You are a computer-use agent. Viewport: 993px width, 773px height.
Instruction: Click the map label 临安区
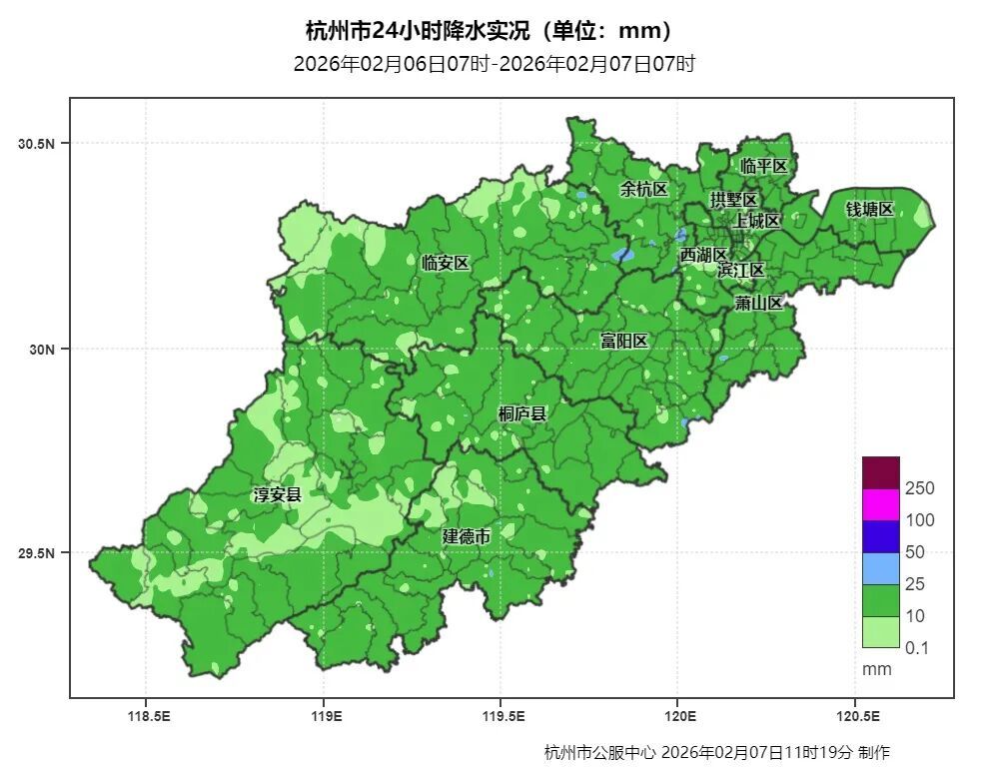(x=445, y=264)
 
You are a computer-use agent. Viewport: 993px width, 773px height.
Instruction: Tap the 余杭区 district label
(x=643, y=189)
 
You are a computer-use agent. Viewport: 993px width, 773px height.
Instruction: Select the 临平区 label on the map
(x=764, y=166)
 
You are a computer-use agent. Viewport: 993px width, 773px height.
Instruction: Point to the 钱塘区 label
(x=869, y=209)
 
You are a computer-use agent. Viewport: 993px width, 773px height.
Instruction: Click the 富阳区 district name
(x=624, y=341)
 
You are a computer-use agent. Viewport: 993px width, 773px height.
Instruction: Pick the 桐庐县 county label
(x=522, y=413)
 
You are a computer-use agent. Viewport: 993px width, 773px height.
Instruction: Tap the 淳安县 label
(x=277, y=494)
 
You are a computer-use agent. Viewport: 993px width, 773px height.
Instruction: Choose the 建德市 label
(x=467, y=536)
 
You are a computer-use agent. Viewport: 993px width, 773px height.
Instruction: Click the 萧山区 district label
(x=758, y=303)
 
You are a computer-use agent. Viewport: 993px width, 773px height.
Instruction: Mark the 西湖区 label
(x=704, y=256)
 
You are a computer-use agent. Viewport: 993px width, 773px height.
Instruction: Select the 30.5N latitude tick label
(x=36, y=144)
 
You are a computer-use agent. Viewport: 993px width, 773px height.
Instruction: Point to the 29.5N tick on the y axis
(x=36, y=553)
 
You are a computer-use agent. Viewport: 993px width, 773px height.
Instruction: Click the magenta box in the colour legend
(x=880, y=504)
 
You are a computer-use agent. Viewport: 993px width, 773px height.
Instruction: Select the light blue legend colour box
(x=880, y=568)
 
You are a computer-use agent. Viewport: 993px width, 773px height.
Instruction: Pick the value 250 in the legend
(x=919, y=488)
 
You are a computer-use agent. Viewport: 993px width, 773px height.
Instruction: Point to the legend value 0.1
(x=916, y=648)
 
